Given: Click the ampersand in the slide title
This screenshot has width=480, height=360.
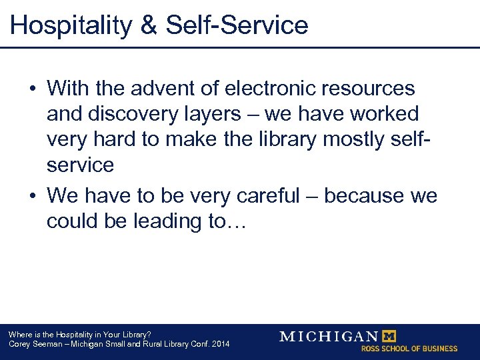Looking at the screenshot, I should tap(148, 25).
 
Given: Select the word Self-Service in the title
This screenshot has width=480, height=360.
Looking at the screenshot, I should tap(237, 25).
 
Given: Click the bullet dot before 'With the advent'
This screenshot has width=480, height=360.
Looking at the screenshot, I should tap(33, 89).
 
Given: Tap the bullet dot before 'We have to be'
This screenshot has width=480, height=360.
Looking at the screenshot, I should tap(33, 197).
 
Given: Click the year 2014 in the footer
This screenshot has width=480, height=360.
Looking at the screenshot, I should tap(219, 344).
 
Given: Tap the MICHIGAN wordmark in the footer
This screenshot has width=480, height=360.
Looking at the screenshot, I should tap(328, 336).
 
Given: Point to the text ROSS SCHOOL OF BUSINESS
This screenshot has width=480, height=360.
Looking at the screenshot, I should tap(409, 348).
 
